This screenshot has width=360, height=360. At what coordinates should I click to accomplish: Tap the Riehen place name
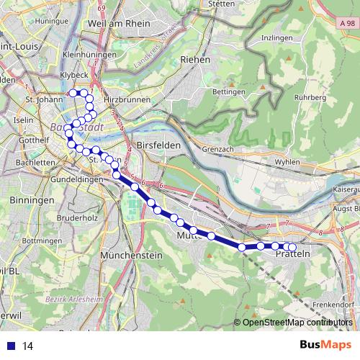pyautogui.click(x=196, y=60)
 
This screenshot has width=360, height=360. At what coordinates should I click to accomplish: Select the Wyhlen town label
pyautogui.click(x=287, y=162)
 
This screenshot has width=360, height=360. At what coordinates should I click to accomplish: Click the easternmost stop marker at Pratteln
pyautogui.click(x=292, y=248)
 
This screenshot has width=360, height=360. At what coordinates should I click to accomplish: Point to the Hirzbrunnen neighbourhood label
pyautogui.click(x=125, y=100)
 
